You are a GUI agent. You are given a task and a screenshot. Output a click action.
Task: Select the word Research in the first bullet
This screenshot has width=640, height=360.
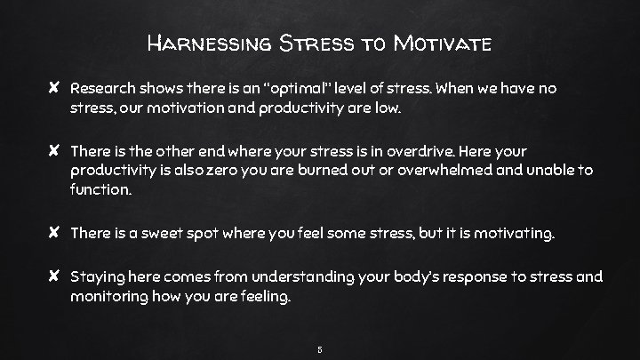pos(103,90)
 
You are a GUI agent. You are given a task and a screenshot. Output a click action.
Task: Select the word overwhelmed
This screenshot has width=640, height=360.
pos(468,171)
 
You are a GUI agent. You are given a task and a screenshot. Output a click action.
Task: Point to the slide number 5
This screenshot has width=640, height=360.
pos(320,348)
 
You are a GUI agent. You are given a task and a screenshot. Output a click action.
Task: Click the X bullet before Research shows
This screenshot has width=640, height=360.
pos(55,90)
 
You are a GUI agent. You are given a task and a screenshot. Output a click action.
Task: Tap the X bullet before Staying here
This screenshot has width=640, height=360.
pos(55,278)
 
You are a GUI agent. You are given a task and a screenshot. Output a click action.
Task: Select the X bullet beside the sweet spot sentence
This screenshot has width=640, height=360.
pos(55,234)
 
